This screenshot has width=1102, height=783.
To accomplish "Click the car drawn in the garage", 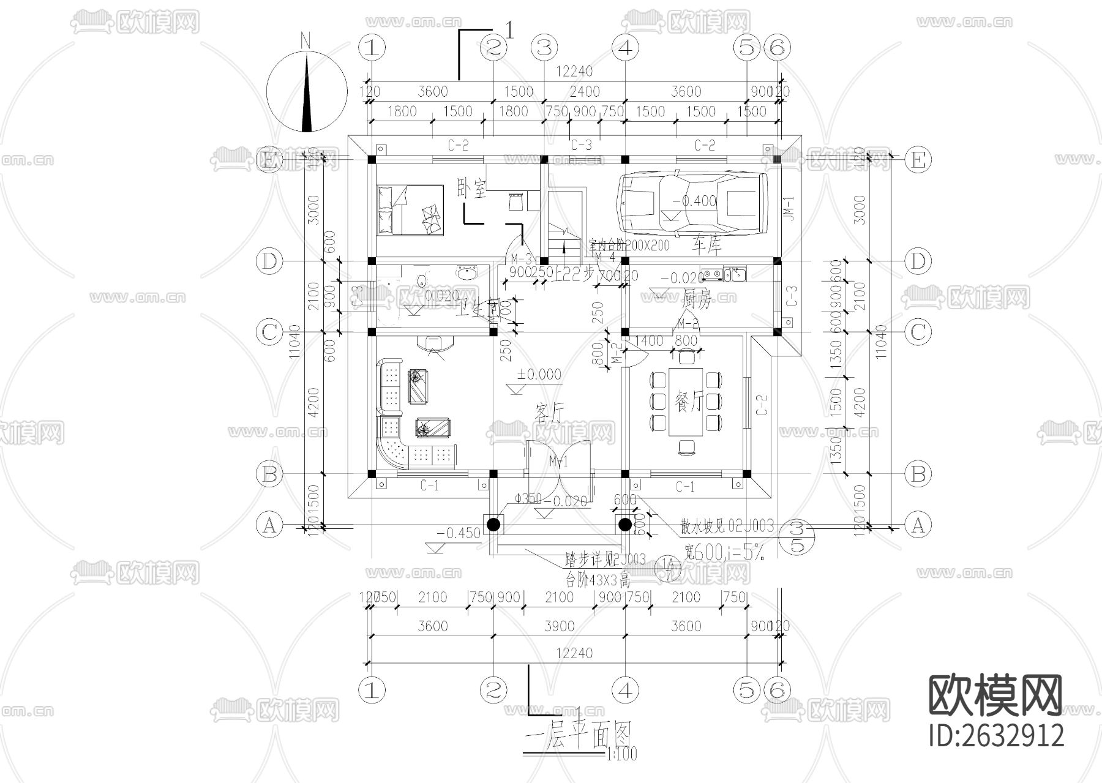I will [x=692, y=203].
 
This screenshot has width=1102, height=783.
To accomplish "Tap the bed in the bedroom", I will [x=410, y=210].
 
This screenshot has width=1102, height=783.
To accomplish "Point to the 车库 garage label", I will [x=707, y=246].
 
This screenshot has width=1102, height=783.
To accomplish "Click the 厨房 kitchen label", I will [x=696, y=300].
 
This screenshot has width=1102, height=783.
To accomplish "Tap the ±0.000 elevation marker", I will [x=539, y=374].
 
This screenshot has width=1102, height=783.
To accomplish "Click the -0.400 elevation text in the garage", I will [x=694, y=201].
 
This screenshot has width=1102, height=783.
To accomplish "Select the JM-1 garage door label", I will [x=789, y=208].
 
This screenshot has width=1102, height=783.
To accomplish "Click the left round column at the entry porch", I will [x=493, y=525].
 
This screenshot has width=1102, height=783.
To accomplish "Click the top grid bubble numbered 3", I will [x=544, y=47].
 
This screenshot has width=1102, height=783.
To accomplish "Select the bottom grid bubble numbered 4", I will [x=624, y=690].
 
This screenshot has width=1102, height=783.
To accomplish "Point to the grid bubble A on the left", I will [x=269, y=525].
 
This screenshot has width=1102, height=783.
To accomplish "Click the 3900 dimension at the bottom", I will [x=559, y=626].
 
